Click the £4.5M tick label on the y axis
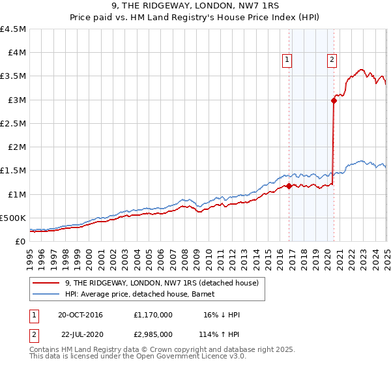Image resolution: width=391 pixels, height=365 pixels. click(13, 29)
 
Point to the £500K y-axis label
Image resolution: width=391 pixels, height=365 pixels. click(13, 218)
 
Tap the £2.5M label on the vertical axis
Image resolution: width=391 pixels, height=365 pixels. click(13, 123)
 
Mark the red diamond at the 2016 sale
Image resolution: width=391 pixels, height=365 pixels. click(289, 186)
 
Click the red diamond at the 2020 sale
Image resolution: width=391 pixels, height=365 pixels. click(334, 100)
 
